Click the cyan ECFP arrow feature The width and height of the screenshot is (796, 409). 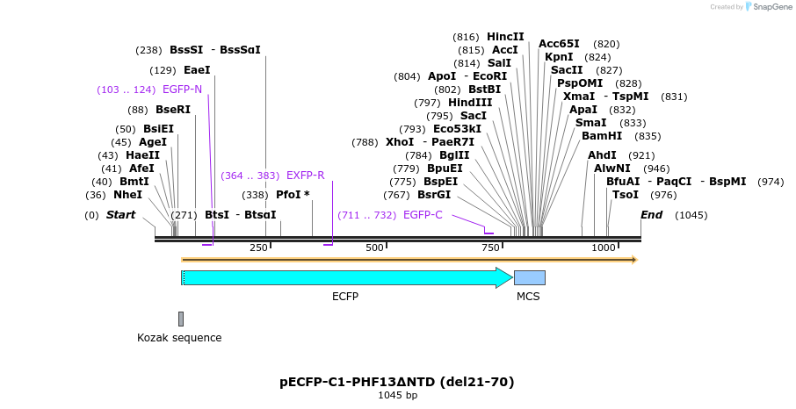pos(343,277)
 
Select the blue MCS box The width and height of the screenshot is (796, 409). pos(529,277)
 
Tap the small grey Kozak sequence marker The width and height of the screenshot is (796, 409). pos(181,319)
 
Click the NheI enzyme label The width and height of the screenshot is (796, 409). pos(127,195)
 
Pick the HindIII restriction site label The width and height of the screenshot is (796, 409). pos(470,103)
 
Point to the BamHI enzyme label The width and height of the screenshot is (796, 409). pos(602,136)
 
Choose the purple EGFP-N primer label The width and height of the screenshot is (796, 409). pos(182,90)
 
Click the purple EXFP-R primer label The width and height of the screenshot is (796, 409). pos(305,176)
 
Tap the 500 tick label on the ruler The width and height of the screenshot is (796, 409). pos(374,248)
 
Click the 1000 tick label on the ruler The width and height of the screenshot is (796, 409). pos(604,248)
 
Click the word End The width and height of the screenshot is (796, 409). pos(651,215)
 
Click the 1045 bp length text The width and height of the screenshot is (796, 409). pos(397,396)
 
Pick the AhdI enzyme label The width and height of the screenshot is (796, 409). pos(603,155)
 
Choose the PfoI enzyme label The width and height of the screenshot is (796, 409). pos(289,195)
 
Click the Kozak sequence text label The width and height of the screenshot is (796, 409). pos(179,338)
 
